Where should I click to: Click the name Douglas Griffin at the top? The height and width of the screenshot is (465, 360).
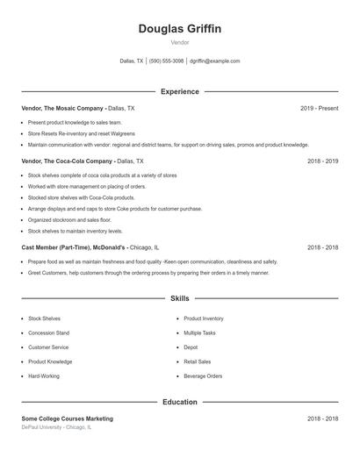[180, 29]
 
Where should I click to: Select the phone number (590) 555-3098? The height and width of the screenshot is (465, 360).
[167, 61]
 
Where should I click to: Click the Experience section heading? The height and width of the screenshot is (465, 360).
[180, 91]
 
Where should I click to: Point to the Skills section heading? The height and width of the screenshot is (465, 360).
[180, 298]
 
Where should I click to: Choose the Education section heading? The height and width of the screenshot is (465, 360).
[180, 402]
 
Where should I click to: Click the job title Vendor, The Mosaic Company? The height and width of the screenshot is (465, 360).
[63, 108]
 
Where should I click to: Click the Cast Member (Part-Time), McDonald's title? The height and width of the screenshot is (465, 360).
[75, 247]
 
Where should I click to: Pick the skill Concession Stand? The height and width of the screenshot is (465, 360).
[49, 333]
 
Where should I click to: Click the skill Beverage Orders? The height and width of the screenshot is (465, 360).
[203, 376]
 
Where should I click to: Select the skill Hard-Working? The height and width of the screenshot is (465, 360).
[45, 376]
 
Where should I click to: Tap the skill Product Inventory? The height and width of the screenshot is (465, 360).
[204, 318]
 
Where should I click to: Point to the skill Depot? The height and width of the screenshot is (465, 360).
[191, 347]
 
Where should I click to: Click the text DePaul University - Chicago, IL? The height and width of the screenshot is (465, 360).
[56, 427]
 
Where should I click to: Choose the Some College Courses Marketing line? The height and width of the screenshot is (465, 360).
[68, 418]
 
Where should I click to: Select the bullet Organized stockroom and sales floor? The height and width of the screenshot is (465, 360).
[70, 219]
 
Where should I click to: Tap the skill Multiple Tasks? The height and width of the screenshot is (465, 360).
[201, 333]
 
